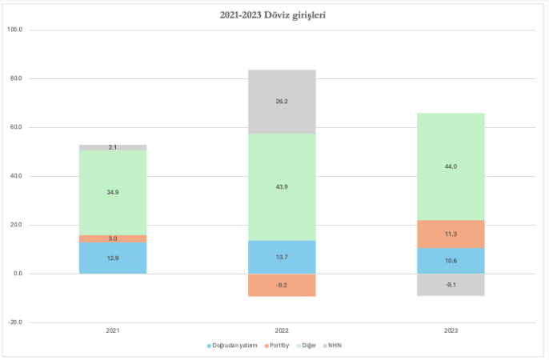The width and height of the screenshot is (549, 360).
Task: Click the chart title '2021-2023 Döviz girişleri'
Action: pyautogui.click(x=274, y=14)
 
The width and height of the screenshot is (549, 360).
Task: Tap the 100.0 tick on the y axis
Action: pyautogui.click(x=15, y=30)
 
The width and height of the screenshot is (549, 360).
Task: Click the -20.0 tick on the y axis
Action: pyautogui.click(x=15, y=322)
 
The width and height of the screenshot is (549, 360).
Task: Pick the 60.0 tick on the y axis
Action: pyautogui.click(x=15, y=127)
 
